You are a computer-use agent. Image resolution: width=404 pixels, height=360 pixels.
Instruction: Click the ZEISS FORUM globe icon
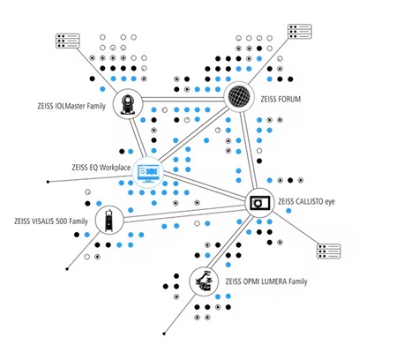239,97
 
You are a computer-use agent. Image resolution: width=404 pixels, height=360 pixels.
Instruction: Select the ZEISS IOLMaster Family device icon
128,104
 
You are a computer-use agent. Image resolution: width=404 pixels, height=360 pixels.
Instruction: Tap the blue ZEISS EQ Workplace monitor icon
148,173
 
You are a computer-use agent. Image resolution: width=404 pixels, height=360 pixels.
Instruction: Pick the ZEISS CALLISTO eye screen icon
259,203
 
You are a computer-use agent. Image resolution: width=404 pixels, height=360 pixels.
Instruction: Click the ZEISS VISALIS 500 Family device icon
109,221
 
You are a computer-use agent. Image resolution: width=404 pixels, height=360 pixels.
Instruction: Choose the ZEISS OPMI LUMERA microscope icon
205,281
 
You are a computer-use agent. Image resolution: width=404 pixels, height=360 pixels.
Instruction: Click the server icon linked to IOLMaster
68,41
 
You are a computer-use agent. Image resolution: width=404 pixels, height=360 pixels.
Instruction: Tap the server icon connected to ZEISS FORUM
300,32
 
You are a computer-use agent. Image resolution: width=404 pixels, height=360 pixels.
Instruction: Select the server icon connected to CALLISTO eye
328,251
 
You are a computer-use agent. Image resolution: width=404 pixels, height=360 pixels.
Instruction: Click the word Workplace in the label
115,168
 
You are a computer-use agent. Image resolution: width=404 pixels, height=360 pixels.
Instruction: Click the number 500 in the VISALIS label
62,221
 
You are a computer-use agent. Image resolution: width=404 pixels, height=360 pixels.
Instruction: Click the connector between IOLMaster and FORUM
183,99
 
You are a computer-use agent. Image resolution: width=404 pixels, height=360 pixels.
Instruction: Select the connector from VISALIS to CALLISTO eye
184,214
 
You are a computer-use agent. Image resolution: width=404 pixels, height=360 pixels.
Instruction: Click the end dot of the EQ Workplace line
48,182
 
